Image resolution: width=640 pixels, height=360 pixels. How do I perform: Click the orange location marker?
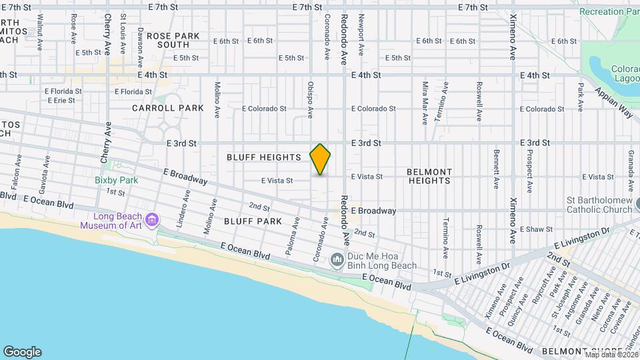click(x=321, y=159)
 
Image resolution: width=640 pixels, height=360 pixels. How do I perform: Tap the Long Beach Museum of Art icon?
click(x=152, y=219)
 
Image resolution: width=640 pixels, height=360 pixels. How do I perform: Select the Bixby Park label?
click(x=116, y=180)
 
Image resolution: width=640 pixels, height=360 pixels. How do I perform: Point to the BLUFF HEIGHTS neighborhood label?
click(x=263, y=157)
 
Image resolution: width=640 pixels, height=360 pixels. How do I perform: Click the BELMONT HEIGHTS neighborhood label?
click(x=429, y=177)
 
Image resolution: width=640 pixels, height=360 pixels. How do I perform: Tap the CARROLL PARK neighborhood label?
click(x=158, y=107)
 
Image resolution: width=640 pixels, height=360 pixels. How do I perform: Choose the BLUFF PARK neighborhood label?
click(x=251, y=220)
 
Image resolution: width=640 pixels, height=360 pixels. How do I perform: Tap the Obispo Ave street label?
click(x=311, y=100)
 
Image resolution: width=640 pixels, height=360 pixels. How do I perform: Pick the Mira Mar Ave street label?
click(x=425, y=103)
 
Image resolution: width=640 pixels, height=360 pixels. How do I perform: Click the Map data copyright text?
click(x=609, y=354)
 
